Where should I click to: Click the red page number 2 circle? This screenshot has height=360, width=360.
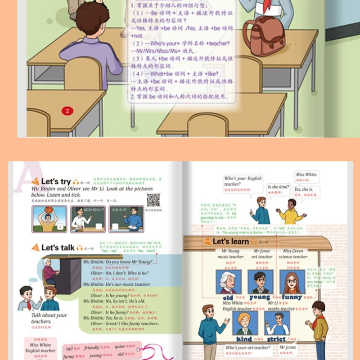pos(67,111)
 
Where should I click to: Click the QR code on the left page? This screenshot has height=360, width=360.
pos(153,200)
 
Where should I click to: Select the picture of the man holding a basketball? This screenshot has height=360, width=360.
pos(49,219)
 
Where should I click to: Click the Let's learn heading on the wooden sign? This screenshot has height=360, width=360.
pos(230,242)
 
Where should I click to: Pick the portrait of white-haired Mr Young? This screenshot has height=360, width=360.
pos(228,281)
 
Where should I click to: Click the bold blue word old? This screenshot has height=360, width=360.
pos(228,298)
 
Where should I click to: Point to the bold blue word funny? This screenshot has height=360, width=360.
pos(292,297)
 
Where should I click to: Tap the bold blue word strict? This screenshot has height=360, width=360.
pos(276,339)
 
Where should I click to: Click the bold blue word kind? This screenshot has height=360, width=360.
pos(244,339)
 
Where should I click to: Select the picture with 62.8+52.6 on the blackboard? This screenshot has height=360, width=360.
pos(87,219)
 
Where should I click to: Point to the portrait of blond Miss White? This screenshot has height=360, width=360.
pos(244,323)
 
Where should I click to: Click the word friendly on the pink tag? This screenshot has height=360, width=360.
pos(92,348)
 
